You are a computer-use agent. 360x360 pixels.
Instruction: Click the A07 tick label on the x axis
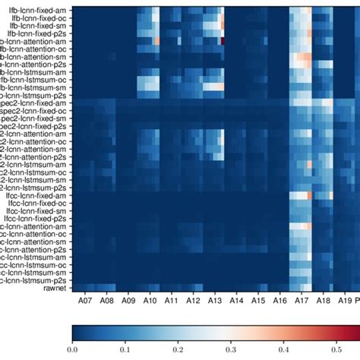point(84,302)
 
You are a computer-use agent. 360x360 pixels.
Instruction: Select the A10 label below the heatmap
point(150,302)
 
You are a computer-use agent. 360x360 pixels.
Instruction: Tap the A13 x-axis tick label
point(215,302)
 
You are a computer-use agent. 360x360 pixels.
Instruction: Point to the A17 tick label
point(302,302)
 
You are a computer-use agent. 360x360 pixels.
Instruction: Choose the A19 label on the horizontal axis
point(346,302)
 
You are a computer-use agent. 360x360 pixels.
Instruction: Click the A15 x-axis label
point(258,302)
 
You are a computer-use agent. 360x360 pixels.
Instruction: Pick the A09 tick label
point(128,302)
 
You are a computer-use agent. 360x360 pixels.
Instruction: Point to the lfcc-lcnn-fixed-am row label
point(36,196)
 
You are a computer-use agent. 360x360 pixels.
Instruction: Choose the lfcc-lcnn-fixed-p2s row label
point(36,221)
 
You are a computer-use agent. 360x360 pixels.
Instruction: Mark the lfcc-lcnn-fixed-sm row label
point(36,213)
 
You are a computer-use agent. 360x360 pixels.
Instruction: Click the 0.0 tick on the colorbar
point(72,350)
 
